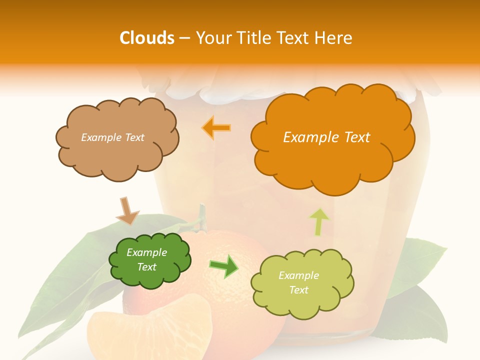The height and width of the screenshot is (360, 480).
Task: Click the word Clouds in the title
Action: tap(147, 38)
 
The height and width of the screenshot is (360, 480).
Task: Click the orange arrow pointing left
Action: tap(216, 127)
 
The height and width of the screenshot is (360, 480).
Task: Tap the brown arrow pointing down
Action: tap(127, 210)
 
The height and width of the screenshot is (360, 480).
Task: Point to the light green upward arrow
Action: tap(319, 221)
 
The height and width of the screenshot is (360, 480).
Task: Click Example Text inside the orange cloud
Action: tap(326, 137)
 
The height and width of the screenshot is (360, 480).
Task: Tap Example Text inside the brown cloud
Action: tap(112, 137)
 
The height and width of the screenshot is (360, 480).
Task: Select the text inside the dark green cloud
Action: tap(147, 260)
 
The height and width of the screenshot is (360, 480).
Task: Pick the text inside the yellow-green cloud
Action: tap(298, 282)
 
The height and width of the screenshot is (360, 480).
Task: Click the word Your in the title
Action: tap(212, 38)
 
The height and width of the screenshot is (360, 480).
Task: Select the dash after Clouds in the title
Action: tap(184, 38)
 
